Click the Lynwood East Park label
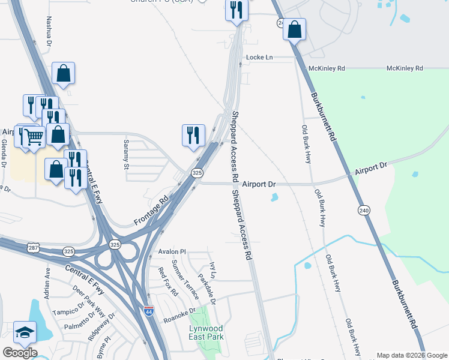pyautogui.click(x=205, y=332)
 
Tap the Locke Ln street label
pyautogui.click(x=259, y=58)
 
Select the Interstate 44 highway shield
pyautogui.click(x=149, y=311)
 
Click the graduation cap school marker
pyautogui.click(x=25, y=332)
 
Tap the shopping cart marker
pyautogui.click(x=34, y=137)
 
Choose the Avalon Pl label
pyautogui.click(x=172, y=251)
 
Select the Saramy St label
pyautogui.click(x=127, y=155)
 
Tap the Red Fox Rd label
pyautogui.click(x=168, y=281)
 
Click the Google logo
pyautogui.click(x=20, y=353)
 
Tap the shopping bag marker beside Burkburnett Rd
pyautogui.click(x=295, y=29)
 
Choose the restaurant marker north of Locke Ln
pyautogui.click(x=237, y=10)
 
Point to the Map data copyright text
pyautogui.click(x=412, y=355)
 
